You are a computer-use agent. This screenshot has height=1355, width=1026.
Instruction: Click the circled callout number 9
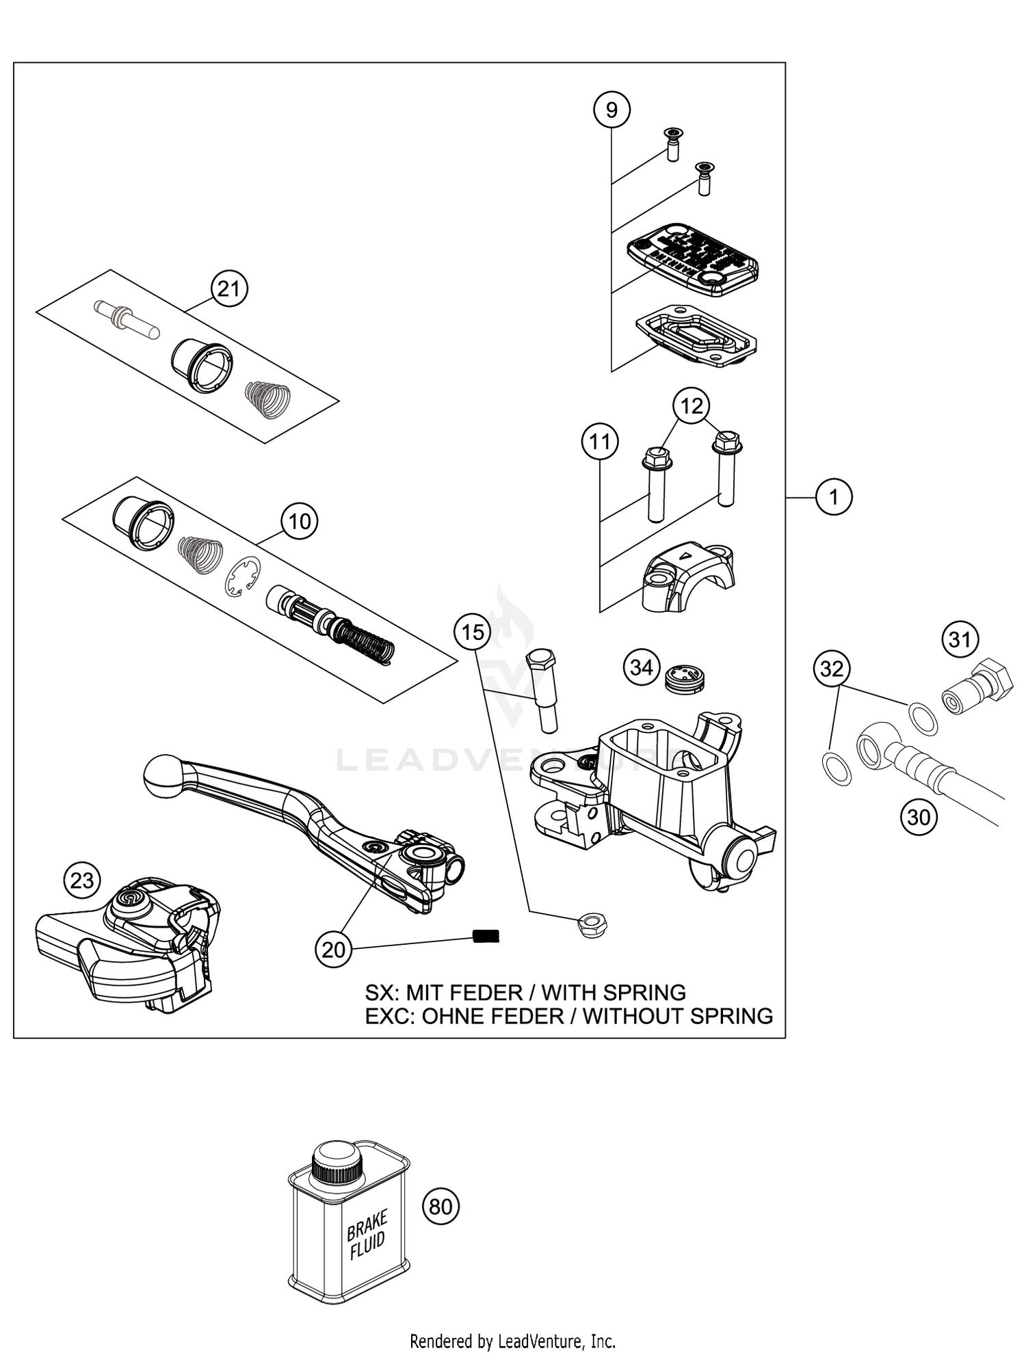pos(611,109)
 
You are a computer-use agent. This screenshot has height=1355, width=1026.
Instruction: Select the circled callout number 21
pos(228,289)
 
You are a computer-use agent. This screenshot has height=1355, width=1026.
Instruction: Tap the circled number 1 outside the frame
pos(833,497)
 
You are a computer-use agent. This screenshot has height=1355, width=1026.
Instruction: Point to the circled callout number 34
pos(642,667)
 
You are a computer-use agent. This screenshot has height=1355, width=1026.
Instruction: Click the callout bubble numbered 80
pos(441,1207)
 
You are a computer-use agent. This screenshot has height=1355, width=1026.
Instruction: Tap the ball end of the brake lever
pos(163,775)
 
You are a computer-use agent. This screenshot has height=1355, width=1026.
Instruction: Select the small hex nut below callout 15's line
pos(593,925)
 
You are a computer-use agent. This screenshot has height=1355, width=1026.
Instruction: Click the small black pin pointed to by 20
pos(486,936)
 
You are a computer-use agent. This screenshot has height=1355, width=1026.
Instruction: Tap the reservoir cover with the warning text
pos(693,258)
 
